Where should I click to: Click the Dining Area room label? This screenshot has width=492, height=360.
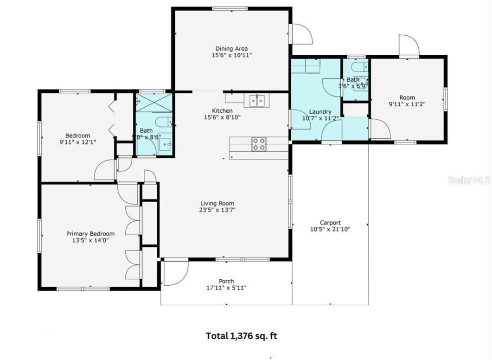tap(231, 49)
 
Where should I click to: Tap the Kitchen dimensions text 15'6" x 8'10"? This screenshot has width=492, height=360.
tap(222, 117)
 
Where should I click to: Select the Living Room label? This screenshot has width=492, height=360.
tap(217, 203)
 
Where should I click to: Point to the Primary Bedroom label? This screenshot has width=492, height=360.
tap(90, 234)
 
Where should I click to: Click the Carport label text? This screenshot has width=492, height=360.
tap(330, 223)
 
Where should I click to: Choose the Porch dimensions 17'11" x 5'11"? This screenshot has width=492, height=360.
tap(226, 288)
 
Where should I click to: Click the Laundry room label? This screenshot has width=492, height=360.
tap(320, 112)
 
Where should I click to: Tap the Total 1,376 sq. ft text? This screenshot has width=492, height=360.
tap(241, 336)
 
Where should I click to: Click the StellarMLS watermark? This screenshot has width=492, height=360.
tap(469, 180)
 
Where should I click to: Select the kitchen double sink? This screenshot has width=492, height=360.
tap(257, 100)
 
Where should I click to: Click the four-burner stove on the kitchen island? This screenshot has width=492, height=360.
tap(259, 144)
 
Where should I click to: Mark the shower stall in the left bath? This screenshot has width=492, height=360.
tap(153, 103)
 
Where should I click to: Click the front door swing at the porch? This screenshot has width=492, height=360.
tap(176, 273)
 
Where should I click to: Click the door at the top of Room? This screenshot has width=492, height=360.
tap(409, 45)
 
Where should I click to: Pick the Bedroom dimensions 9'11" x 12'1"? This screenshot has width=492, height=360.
tap(77, 142)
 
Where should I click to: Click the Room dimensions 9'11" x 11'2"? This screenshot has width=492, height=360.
tap(407, 104)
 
